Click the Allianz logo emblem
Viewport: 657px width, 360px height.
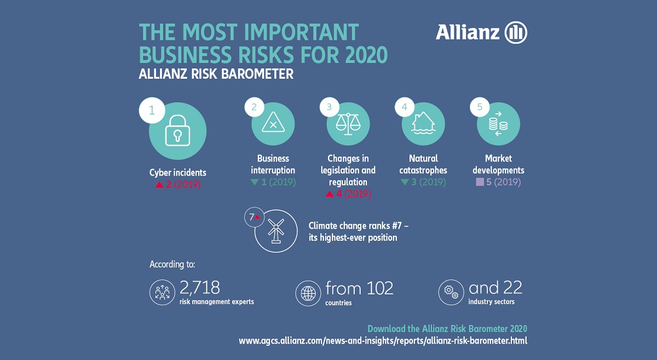(515, 33)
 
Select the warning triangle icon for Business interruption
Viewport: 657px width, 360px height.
(273, 124)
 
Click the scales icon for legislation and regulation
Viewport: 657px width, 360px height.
(348, 124)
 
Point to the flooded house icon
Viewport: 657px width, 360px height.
(423, 124)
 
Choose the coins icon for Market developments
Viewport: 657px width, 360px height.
(498, 124)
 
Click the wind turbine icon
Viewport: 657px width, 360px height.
(276, 230)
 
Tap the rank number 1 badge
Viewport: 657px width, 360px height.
(152, 111)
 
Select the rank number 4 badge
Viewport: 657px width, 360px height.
(405, 108)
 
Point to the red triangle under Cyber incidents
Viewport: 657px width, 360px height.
(159, 185)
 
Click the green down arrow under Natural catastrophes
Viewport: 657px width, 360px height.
(405, 182)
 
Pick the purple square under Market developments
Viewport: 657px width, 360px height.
(480, 182)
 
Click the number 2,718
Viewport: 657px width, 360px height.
(200, 287)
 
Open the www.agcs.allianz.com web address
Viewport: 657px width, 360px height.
(383, 340)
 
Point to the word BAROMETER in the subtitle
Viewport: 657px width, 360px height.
(257, 74)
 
